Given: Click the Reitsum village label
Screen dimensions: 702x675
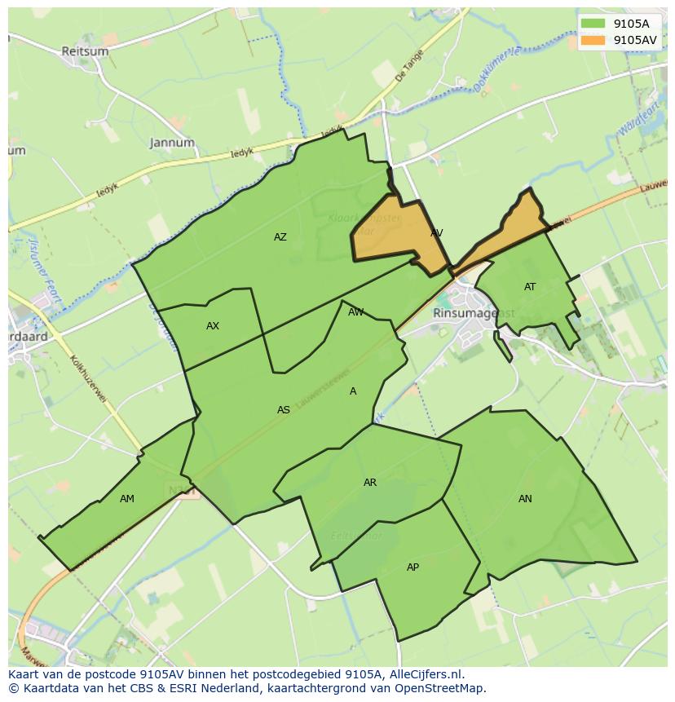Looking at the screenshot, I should [x=85, y=51].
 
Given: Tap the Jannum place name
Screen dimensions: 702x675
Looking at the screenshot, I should [x=172, y=143].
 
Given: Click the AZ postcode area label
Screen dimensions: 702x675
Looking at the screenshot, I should [x=280, y=237].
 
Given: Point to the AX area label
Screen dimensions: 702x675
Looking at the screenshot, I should [x=213, y=326].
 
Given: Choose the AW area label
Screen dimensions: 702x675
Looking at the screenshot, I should [x=356, y=312].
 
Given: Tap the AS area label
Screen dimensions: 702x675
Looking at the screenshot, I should [x=284, y=410].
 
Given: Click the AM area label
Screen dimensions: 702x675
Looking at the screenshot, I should [x=127, y=499].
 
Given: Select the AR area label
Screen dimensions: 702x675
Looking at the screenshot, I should [x=370, y=483].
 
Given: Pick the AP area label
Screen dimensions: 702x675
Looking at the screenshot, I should [x=412, y=567].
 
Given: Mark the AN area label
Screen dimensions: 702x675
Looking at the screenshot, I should [x=525, y=499].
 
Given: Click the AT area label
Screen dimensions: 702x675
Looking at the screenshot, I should [x=530, y=287].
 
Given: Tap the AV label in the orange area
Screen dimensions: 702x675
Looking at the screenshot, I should [x=436, y=233].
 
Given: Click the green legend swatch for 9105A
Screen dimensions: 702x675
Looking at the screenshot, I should [x=593, y=24].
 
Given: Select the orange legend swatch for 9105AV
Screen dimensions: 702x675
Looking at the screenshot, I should [x=593, y=39].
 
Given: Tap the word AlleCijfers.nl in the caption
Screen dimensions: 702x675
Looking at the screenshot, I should [x=423, y=674].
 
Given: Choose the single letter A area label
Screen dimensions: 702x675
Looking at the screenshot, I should [x=353, y=391].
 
